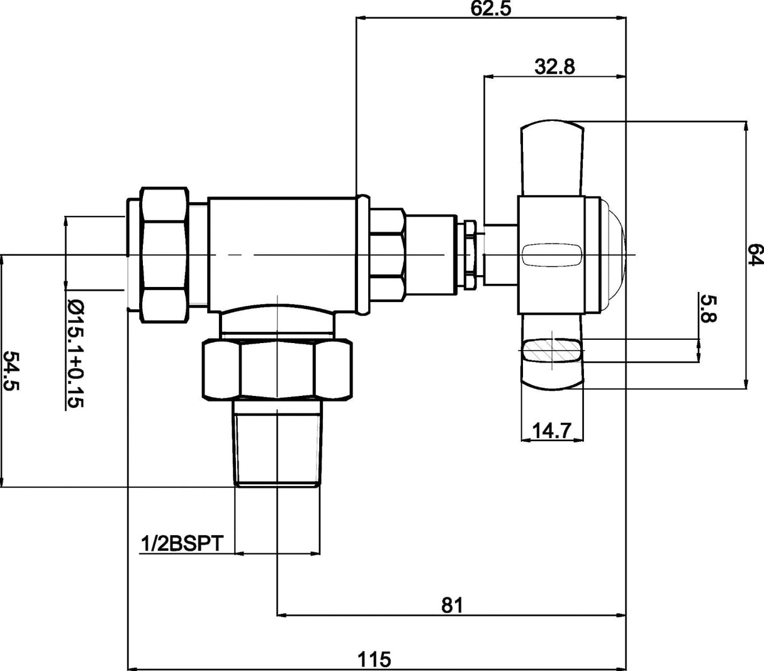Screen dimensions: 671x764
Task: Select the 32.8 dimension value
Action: coord(554,67)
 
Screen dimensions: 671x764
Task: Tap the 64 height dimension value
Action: coord(755,256)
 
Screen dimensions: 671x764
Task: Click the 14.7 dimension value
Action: coord(551,431)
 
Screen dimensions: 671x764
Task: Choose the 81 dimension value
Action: coord(452,605)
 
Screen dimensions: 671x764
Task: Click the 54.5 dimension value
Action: coord(11,371)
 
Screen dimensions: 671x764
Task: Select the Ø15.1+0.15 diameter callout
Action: coord(74,352)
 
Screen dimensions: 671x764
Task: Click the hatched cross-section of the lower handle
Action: coord(551,350)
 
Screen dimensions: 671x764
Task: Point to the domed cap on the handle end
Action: coord(614,256)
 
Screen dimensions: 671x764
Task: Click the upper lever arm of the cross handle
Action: coord(551,157)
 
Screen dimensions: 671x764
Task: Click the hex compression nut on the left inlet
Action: coord(165,255)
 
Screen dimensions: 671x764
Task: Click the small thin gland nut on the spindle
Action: coord(468,254)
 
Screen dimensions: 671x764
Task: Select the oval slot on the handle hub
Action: coord(551,256)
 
